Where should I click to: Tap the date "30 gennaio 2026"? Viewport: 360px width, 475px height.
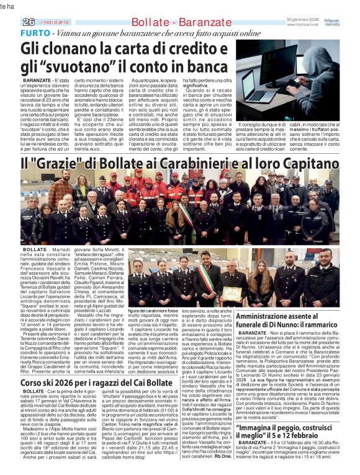[305, 19]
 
